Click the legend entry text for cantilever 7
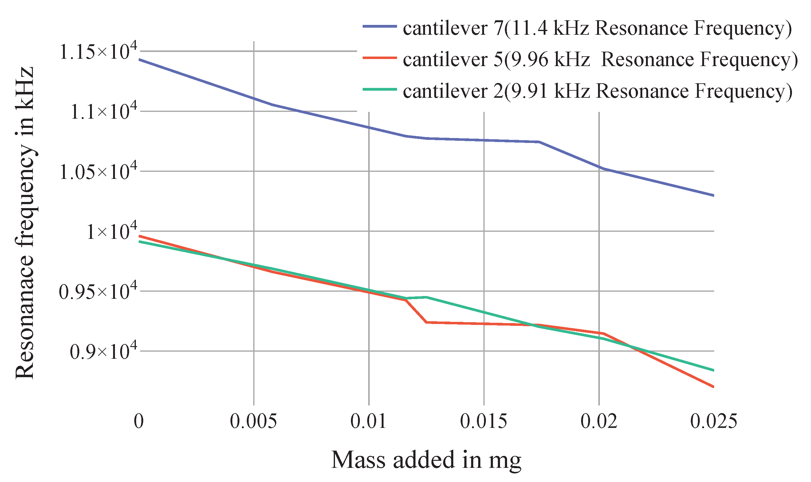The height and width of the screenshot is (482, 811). (x=597, y=29)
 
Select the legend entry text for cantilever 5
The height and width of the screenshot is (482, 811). (x=600, y=60)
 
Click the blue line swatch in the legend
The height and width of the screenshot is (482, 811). (x=380, y=26)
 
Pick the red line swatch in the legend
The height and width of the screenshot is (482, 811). (x=380, y=58)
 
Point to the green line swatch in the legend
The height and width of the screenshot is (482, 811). (x=380, y=89)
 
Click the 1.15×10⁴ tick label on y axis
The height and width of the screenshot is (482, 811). (x=98, y=52)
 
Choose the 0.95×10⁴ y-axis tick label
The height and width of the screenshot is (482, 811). (x=98, y=291)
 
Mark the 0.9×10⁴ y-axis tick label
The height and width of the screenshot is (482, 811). (x=104, y=351)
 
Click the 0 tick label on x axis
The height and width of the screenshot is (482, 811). (x=139, y=421)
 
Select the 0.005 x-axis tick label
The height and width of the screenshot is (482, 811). (x=253, y=421)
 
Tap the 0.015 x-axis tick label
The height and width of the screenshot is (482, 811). (x=483, y=421)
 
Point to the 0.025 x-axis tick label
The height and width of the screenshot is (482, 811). (x=713, y=421)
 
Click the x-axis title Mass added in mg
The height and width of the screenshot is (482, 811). (x=426, y=460)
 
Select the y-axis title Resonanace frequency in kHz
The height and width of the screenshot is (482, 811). (x=25, y=223)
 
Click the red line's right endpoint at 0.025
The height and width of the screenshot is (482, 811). (x=713, y=387)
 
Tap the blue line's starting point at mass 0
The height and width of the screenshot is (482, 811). (x=139, y=59)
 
